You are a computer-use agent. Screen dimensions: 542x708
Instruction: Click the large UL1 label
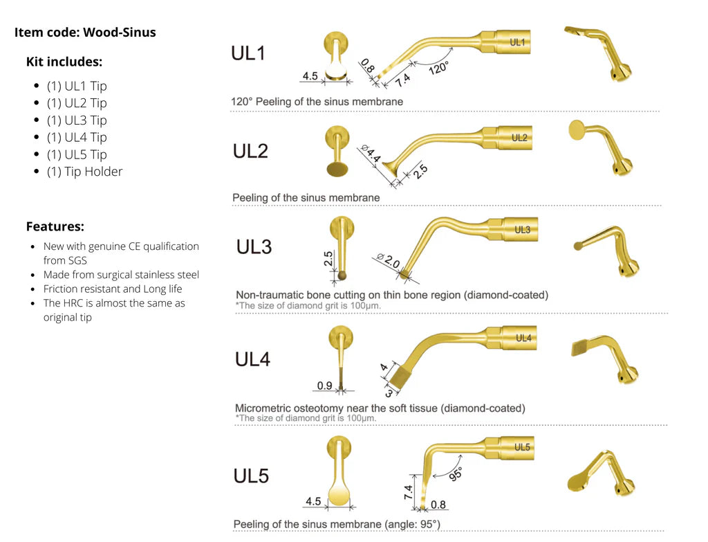coord(248,53)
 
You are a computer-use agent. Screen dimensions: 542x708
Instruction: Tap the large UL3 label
coord(254,247)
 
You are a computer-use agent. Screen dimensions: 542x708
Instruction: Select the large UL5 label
coord(251,476)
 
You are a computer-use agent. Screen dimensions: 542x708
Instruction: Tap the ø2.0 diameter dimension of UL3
coord(389,262)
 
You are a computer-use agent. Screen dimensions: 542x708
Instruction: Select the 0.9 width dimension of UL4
coord(324,386)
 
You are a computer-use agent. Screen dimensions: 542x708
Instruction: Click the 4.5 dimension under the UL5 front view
coord(313,501)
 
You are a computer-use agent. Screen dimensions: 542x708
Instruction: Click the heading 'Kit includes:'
coord(64,62)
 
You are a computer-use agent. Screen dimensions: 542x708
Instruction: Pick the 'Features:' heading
coord(55,226)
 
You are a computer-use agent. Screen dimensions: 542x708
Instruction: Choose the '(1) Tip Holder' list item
coord(84,172)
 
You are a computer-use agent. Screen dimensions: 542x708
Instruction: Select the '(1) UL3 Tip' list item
coord(77,120)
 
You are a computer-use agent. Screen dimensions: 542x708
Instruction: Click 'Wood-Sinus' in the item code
coord(120,32)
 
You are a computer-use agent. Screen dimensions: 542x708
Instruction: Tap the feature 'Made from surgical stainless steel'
coord(121,275)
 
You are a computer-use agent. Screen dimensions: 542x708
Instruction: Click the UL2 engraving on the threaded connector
coord(519,138)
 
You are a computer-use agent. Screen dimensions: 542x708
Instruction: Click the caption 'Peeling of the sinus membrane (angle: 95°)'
coord(337,524)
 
